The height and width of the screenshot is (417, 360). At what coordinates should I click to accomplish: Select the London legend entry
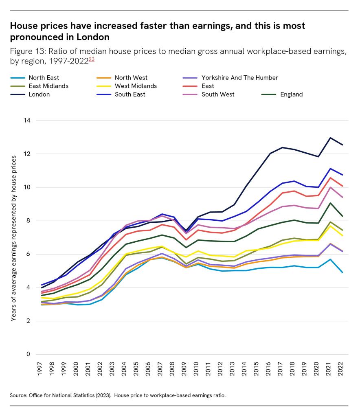[39, 94]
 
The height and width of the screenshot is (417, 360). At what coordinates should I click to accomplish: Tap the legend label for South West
[218, 94]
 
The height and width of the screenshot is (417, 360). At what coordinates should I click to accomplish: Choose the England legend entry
[291, 94]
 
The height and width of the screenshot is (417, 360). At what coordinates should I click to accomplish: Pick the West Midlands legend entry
[136, 86]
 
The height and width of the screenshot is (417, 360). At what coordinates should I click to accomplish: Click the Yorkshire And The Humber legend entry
[239, 77]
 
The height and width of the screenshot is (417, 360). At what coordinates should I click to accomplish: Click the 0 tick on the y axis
[29, 354]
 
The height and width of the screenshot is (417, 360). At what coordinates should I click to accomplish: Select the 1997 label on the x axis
[40, 368]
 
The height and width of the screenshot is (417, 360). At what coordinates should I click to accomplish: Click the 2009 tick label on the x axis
[185, 368]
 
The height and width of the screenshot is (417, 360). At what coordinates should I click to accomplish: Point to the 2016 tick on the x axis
[270, 368]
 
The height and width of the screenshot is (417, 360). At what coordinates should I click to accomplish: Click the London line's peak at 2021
[330, 138]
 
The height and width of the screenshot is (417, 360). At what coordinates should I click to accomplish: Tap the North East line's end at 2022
[342, 272]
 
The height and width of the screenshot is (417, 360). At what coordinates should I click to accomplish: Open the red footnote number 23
[92, 59]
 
